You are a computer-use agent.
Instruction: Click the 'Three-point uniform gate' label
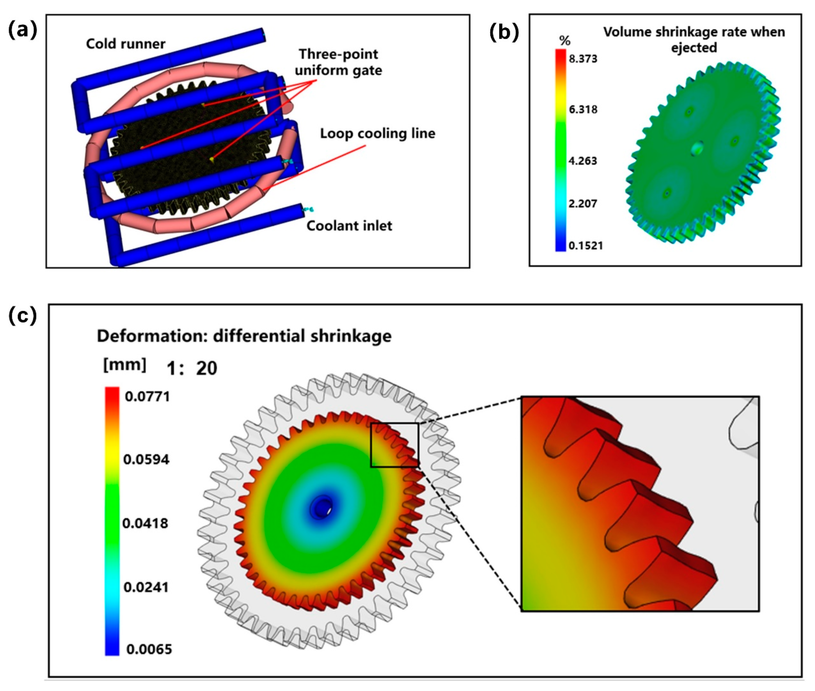pyautogui.click(x=338, y=62)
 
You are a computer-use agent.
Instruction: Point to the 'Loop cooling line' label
pyautogui.click(x=377, y=134)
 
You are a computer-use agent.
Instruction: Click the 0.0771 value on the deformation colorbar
pyautogui.click(x=147, y=396)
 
